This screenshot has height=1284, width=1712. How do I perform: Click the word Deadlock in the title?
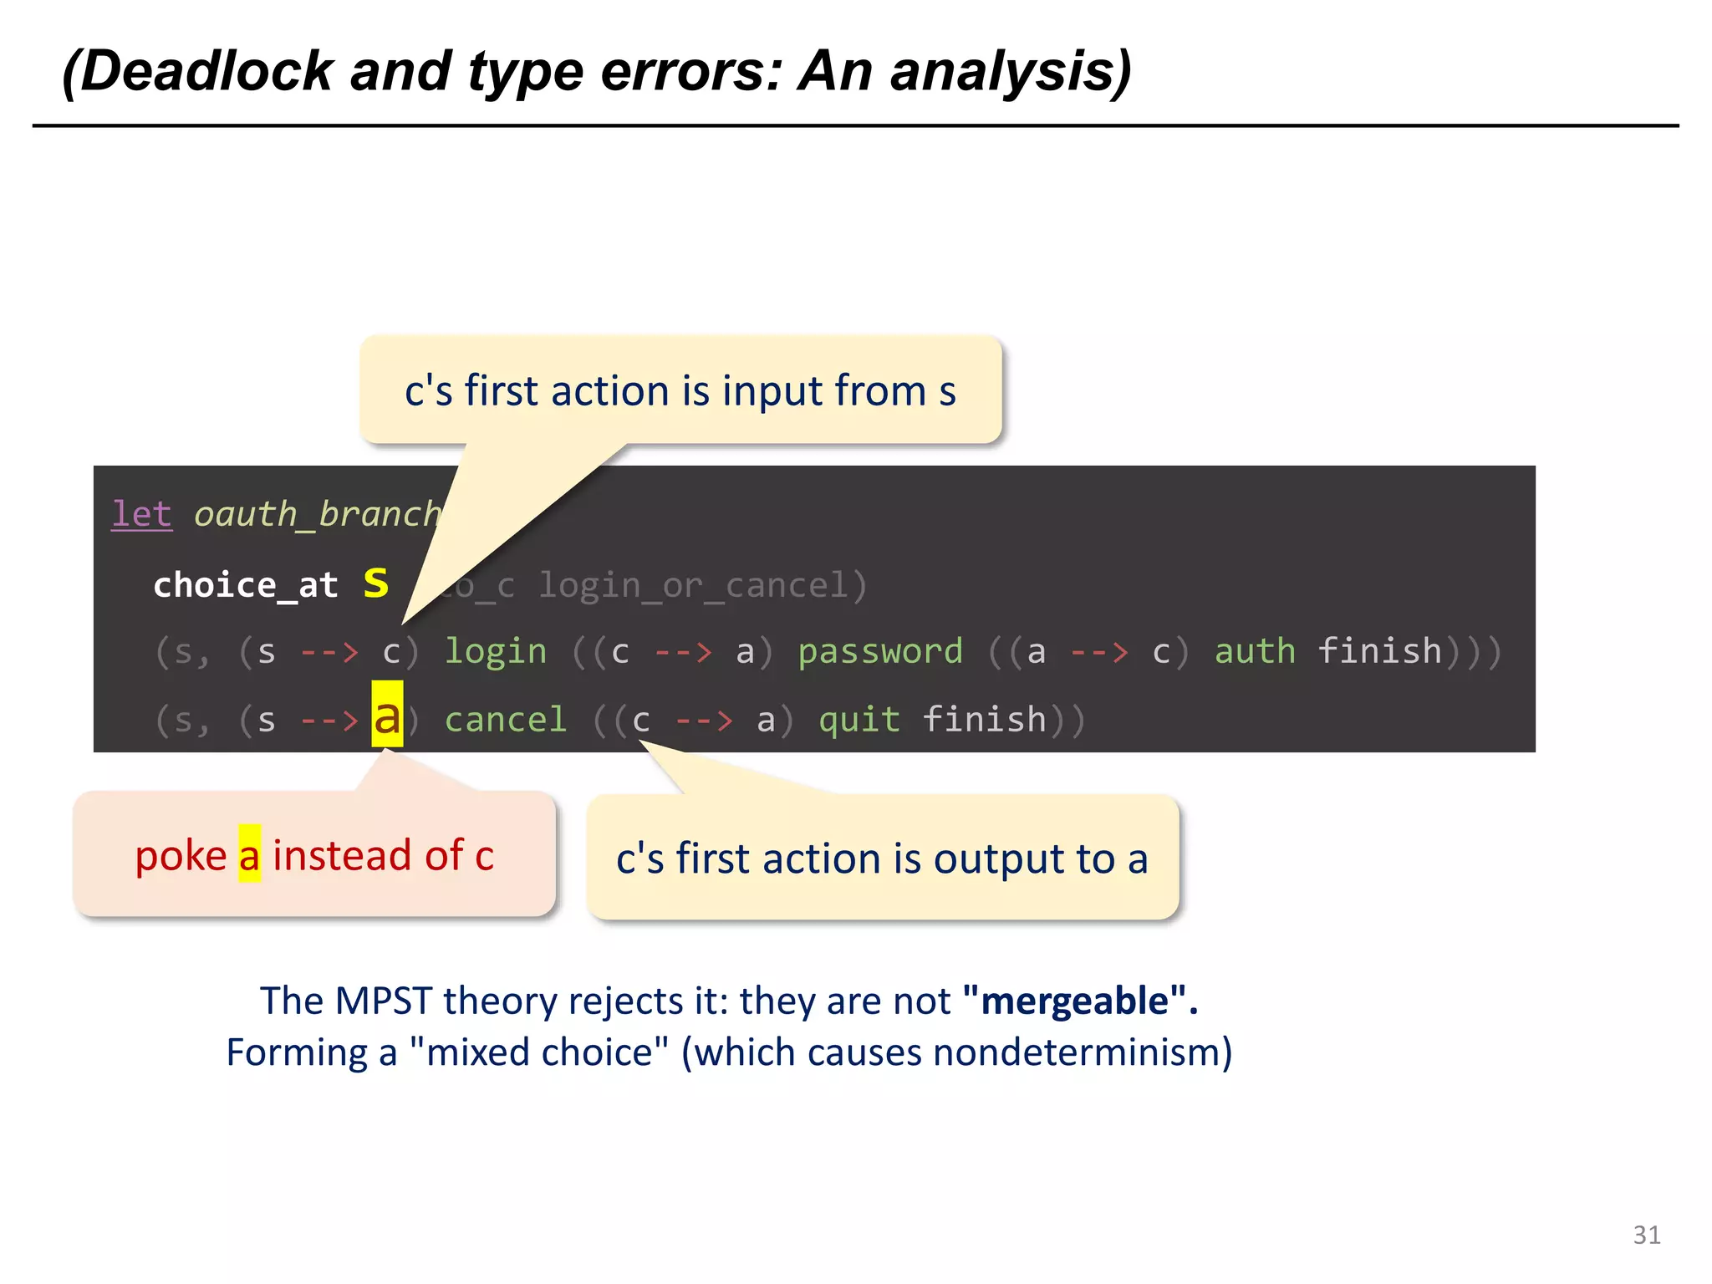[206, 72]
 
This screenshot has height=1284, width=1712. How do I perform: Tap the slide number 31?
[1647, 1235]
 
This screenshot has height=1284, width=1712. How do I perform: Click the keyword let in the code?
[141, 513]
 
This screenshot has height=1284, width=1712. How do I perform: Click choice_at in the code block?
[246, 584]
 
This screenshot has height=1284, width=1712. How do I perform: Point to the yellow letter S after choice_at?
[376, 583]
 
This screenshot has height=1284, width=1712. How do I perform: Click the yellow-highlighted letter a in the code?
[387, 716]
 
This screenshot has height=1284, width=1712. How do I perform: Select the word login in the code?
[496, 651]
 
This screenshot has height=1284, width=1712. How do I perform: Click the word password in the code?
[880, 651]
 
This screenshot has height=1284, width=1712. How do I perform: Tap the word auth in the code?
[1254, 651]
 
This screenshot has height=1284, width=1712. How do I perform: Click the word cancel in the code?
[506, 720]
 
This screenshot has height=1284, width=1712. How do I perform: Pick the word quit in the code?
[859, 720]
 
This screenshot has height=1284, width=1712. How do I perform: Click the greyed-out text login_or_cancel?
[702, 585]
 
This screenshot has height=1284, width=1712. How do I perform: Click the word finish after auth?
[1379, 651]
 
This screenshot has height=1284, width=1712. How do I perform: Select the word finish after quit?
[984, 720]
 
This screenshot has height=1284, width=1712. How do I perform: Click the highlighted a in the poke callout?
[249, 855]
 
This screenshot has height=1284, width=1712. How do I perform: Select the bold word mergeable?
[1074, 1001]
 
